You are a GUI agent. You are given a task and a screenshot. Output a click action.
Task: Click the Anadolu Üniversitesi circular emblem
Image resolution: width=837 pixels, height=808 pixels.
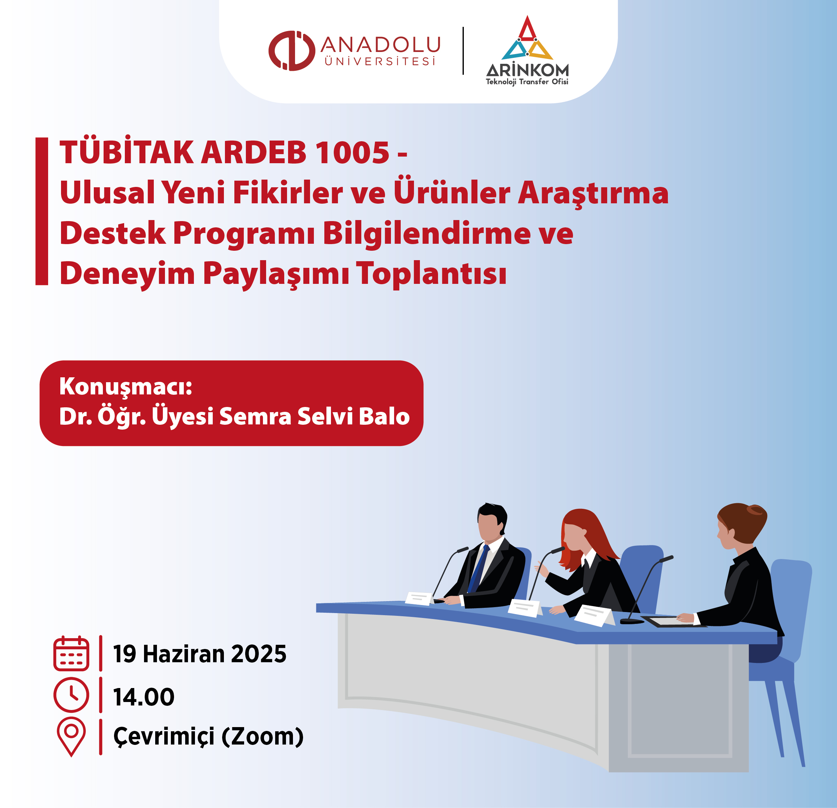[x=292, y=51]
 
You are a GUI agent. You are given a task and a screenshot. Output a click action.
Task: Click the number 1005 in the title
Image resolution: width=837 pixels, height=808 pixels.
[x=352, y=152]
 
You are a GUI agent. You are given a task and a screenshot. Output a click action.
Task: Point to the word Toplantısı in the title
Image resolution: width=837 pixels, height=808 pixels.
[x=432, y=273]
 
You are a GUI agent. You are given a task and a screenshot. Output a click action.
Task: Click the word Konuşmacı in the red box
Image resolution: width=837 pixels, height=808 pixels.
[x=123, y=387]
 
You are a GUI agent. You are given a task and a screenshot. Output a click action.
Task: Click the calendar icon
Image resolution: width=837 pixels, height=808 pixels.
[x=71, y=654]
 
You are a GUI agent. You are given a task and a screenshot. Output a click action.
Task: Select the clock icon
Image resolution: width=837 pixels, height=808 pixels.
[x=71, y=695]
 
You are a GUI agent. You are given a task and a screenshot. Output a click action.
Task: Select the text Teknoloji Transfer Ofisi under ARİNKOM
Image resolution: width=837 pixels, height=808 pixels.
[x=527, y=82]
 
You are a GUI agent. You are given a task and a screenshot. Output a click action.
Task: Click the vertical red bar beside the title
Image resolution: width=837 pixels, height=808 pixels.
[x=42, y=211]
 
